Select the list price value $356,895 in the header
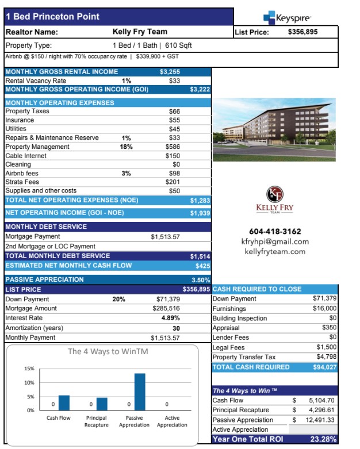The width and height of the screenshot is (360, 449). (302, 32)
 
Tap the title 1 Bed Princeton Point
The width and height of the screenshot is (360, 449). (52, 17)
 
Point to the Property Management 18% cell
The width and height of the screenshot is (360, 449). (126, 147)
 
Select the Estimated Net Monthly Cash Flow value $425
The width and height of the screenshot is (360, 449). (202, 266)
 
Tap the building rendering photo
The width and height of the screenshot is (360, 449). (274, 129)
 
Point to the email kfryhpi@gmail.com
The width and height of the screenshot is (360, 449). (275, 241)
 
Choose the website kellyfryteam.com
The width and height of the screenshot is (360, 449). (275, 251)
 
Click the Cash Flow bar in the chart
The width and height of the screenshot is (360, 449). (64, 403)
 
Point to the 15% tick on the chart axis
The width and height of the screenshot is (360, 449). (28, 369)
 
